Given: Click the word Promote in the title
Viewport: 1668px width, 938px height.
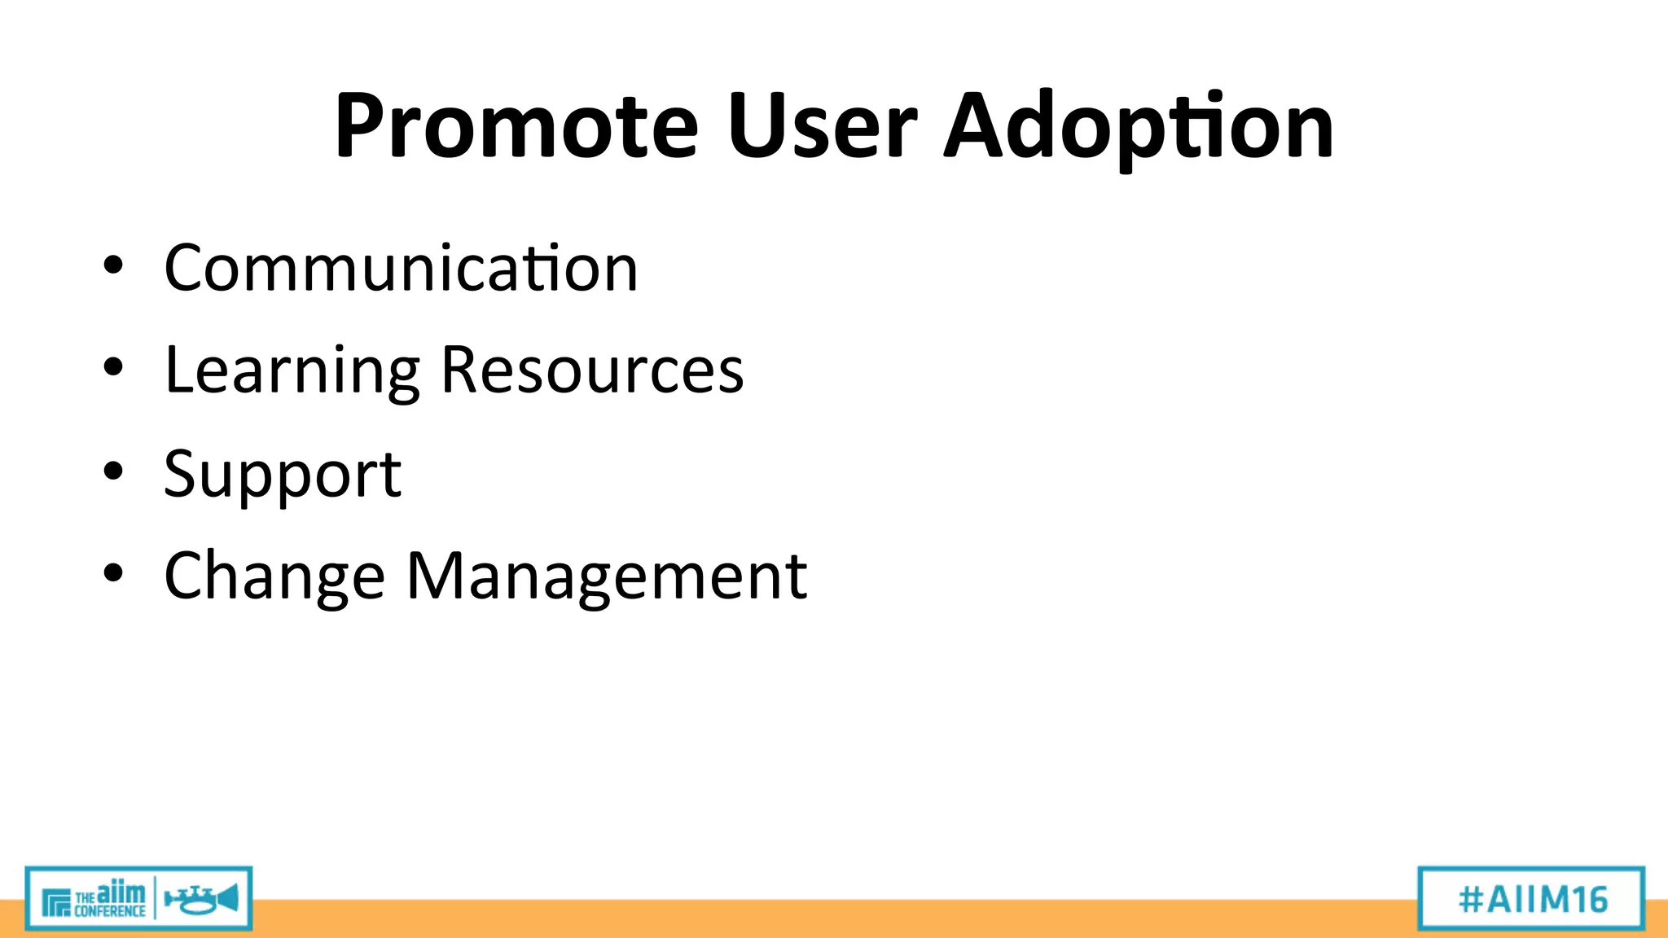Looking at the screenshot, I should [x=516, y=126].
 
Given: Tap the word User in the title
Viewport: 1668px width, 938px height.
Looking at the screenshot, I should [x=823, y=126].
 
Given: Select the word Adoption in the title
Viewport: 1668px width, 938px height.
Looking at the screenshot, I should [x=1139, y=129].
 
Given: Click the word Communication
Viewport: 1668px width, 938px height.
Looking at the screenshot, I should [x=401, y=268].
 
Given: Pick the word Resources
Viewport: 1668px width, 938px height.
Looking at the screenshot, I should [x=592, y=370].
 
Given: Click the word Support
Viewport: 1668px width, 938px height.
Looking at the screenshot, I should [x=283, y=475].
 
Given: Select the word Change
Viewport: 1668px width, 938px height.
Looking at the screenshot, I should [x=274, y=577].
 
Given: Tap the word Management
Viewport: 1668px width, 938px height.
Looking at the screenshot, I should [x=607, y=576].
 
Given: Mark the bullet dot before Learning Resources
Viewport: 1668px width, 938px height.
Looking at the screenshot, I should [x=113, y=367].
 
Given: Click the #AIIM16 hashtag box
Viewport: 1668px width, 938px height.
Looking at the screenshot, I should [x=1531, y=899].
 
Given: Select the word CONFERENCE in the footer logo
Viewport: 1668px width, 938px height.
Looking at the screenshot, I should [x=109, y=911].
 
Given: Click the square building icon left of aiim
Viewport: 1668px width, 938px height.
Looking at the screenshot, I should [x=56, y=902].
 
